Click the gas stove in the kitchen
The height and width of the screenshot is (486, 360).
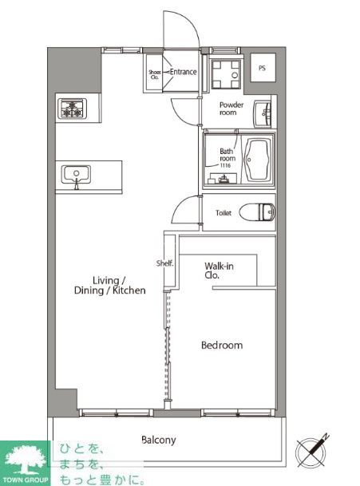[x=72, y=109]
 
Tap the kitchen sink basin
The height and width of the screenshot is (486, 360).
[x=76, y=174]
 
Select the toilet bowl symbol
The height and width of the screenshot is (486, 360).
[x=257, y=212]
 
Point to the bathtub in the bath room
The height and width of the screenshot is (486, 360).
[x=257, y=160]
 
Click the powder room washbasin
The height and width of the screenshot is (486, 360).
[x=263, y=113]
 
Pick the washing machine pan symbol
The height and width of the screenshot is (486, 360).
[x=226, y=75]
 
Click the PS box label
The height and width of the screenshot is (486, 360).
[x=263, y=68]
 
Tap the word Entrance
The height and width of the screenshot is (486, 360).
[x=184, y=72]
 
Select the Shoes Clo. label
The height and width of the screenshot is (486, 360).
[x=154, y=74]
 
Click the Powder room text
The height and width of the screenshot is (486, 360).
[x=231, y=109]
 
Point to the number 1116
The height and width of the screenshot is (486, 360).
[x=225, y=165]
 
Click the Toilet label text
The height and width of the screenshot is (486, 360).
[x=224, y=213]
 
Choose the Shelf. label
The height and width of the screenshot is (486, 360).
[x=165, y=263]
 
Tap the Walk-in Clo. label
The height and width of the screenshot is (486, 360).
[x=219, y=271]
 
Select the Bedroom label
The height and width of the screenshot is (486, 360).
[x=222, y=345]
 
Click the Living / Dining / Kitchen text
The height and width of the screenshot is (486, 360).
[x=110, y=286]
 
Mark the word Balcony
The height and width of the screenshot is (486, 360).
[x=159, y=440]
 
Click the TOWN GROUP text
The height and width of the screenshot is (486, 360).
[x=25, y=480]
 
